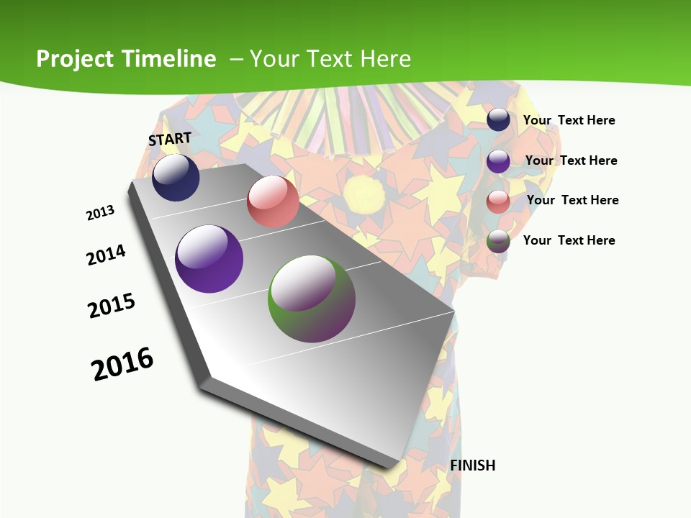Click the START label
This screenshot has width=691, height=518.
point(170,139)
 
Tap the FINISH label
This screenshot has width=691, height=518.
point(473,465)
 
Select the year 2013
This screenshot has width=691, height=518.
point(101,213)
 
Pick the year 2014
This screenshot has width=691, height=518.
point(107,255)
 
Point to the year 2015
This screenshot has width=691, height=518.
point(112,306)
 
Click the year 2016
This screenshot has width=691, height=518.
point(122,364)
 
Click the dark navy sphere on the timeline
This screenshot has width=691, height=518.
point(176,178)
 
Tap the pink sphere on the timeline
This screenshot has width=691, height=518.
point(273,201)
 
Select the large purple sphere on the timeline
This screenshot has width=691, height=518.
point(209,259)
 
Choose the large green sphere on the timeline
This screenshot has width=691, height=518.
point(312,299)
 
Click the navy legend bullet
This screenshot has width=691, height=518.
point(498,119)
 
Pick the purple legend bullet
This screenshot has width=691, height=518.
point(498,160)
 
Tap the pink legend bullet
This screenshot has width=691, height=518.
point(498,201)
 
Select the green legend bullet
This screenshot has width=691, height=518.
point(498,241)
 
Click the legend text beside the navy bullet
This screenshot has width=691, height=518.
point(569,120)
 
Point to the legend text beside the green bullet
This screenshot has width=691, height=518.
point(569,240)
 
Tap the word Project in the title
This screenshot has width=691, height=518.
point(76,59)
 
